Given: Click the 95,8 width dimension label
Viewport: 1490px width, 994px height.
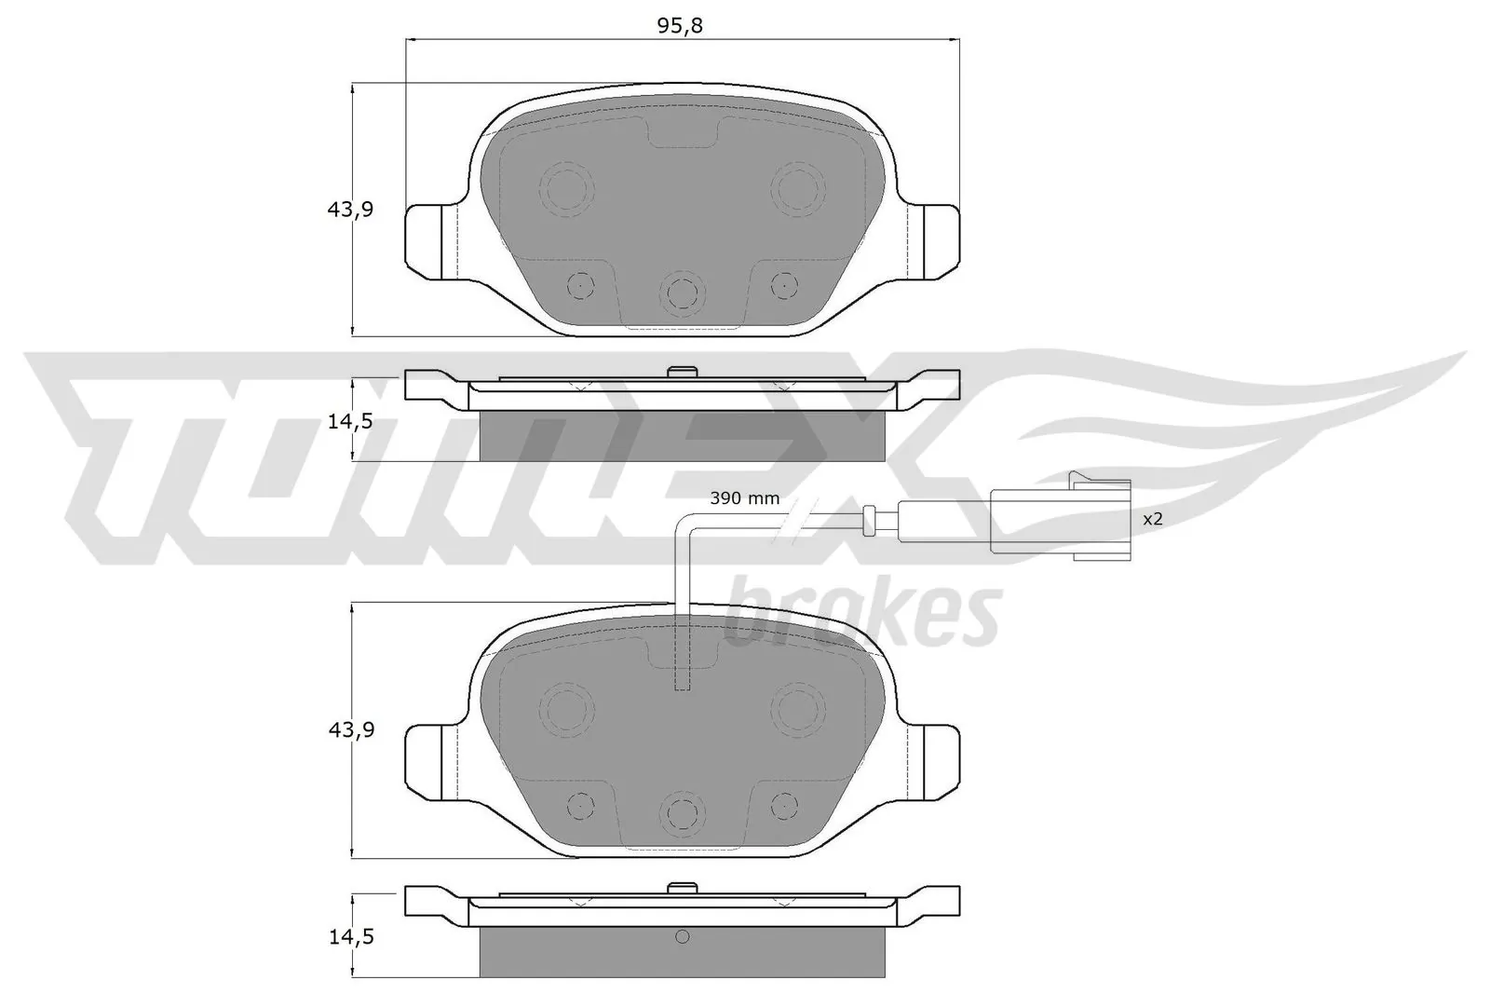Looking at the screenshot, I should pos(680,26).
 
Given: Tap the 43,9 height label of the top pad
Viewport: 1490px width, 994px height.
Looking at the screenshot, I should pos(350,210).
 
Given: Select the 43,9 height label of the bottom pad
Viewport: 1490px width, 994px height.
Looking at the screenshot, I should pos(350,730).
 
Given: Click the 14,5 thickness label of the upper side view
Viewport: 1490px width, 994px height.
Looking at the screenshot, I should pos(350,421).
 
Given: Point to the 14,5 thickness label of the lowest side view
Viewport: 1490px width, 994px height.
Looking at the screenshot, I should pos(350,937).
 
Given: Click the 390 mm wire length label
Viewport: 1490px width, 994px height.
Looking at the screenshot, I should pos(744,498).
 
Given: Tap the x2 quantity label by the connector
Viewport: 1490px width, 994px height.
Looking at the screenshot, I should pos(1153,519).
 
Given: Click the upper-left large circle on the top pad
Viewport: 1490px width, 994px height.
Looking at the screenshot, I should pos(566,190).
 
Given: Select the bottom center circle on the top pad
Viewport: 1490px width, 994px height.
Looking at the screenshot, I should pos(683,293).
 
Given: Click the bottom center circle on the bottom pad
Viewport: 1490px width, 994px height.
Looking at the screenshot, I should pos(683,813).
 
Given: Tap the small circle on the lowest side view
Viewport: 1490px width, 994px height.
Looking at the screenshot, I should pos(682,937).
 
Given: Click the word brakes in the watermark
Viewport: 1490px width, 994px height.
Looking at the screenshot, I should pos(861,614).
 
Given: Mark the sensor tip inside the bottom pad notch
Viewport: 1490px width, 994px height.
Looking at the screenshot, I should pos(683,680).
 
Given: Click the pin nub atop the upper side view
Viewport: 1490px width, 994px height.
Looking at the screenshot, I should pos(683,373).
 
